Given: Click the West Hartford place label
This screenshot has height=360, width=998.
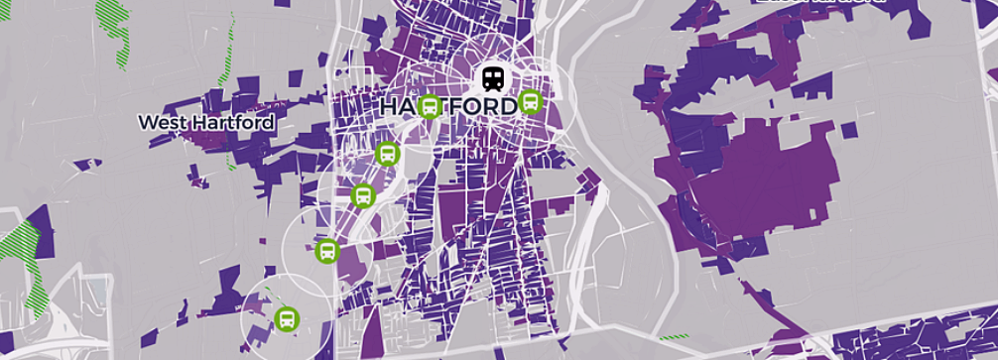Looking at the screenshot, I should (205, 122).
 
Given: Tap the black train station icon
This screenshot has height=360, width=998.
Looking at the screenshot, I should (493, 77).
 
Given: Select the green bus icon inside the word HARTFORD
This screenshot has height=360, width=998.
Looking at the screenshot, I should (430, 105).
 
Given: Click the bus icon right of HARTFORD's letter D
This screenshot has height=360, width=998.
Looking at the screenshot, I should (531, 101).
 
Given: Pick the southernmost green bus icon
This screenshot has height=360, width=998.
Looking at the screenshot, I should (287, 318).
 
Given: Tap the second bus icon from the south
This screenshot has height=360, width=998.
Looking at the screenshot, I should (326, 251).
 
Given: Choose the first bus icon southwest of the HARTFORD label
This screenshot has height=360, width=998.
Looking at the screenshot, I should (388, 153).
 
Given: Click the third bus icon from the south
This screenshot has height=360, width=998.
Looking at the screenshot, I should (362, 195).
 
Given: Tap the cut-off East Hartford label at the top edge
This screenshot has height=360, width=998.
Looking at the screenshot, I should (818, 3).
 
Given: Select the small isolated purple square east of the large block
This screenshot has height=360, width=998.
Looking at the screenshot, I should (848, 128).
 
